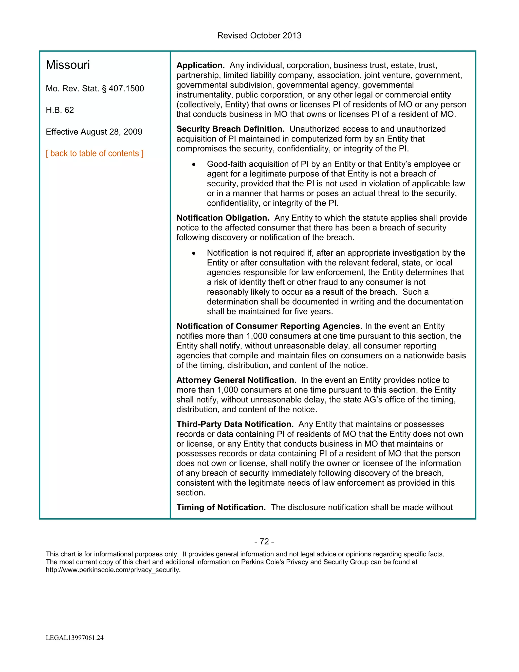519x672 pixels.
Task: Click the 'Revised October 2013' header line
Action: click(x=259, y=36)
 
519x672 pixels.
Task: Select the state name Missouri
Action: click(x=68, y=65)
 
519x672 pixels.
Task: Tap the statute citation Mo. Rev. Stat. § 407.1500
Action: click(x=95, y=89)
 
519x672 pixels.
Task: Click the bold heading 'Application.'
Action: click(x=200, y=65)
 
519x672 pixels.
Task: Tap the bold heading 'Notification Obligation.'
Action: click(x=223, y=218)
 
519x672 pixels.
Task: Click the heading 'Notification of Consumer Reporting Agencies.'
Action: click(x=269, y=326)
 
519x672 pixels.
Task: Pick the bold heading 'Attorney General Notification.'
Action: click(x=236, y=380)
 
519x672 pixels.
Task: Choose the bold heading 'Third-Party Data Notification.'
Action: click(x=235, y=424)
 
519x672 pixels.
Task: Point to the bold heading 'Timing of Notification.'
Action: click(x=221, y=507)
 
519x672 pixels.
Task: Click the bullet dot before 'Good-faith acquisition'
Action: click(x=193, y=165)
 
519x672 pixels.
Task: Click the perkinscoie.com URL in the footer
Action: click(x=113, y=570)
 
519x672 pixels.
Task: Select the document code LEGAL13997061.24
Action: click(x=75, y=638)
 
